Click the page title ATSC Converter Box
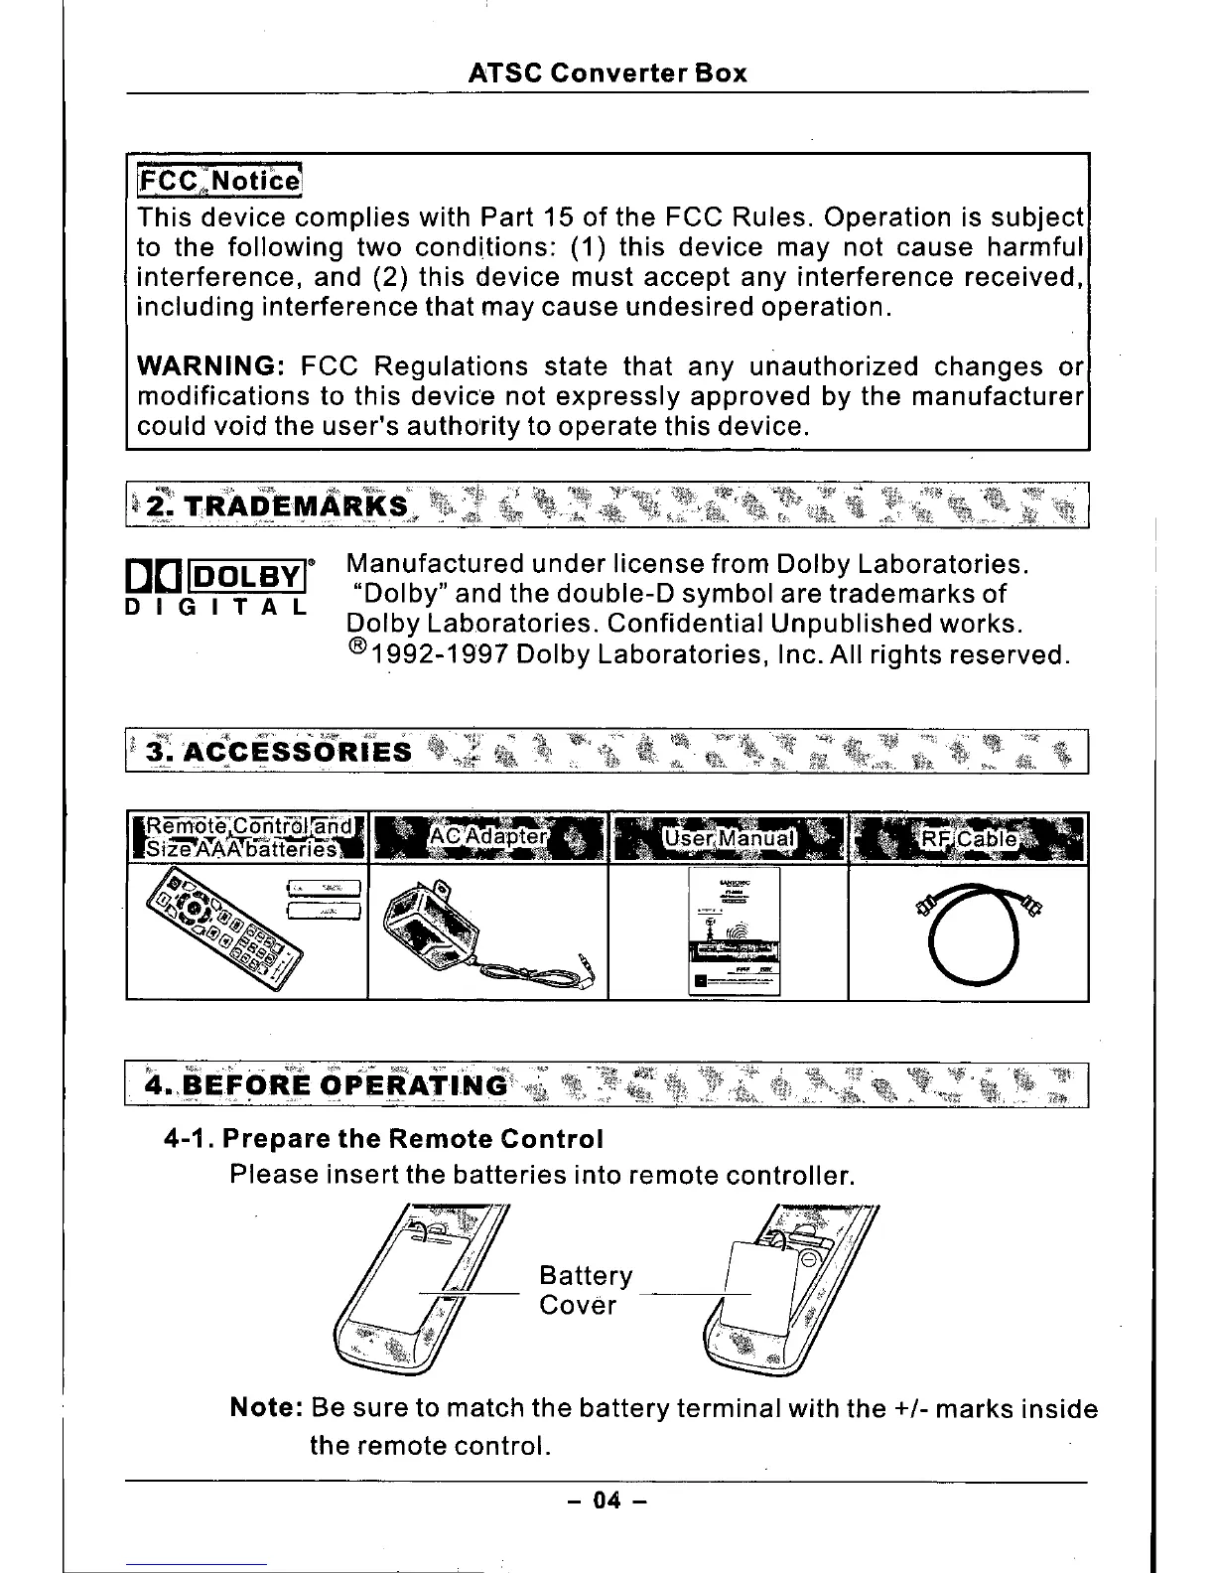[607, 73]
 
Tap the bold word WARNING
[211, 367]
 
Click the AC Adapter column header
[486, 837]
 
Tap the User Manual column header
[729, 838]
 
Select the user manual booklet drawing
[734, 930]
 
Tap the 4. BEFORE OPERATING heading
[326, 1084]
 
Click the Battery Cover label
[585, 1290]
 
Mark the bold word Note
[265, 1409]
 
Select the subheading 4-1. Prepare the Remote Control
[383, 1138]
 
